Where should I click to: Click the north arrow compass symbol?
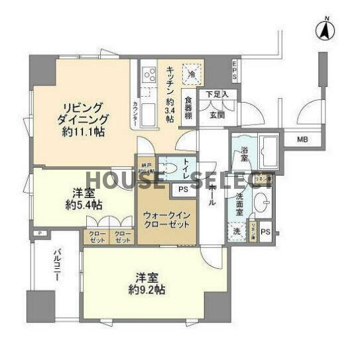click(324, 28)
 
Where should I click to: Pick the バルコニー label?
click(58, 270)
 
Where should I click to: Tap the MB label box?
click(302, 140)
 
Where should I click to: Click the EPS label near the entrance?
click(234, 70)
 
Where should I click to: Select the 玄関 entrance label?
click(217, 115)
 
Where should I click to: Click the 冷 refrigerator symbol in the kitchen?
click(191, 74)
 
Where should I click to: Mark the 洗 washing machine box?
click(237, 232)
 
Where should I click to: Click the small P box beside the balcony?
click(40, 233)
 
